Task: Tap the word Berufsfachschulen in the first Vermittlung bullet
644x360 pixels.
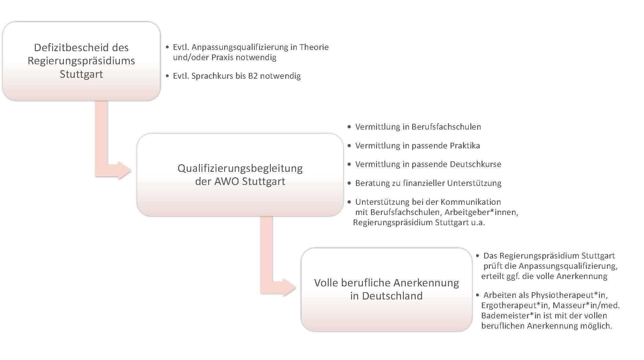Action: coord(446,127)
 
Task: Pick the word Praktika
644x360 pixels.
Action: coord(465,146)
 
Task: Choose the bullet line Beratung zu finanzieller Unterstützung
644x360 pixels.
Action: coord(428,183)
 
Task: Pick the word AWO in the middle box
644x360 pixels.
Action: coord(227,181)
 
